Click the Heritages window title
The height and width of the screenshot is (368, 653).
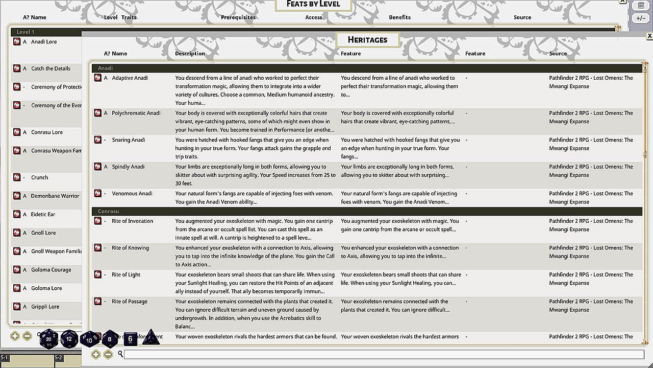click(367, 40)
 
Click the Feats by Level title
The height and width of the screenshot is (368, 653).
click(313, 4)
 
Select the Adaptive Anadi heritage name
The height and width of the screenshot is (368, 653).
click(130, 78)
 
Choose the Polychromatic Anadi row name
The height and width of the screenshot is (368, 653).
click(136, 113)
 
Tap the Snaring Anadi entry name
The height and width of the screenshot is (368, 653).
click(129, 140)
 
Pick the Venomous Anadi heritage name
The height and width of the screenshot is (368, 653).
click(132, 194)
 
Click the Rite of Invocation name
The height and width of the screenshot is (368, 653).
click(132, 221)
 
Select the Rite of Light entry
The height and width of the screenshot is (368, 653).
click(126, 275)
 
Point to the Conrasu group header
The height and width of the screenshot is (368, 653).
click(108, 212)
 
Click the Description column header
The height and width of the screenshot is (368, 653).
click(190, 54)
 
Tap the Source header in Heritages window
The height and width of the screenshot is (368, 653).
click(558, 54)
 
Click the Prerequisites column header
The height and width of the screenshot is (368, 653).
click(238, 17)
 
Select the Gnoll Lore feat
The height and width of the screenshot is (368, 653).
click(43, 233)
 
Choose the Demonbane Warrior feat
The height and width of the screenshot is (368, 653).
click(55, 196)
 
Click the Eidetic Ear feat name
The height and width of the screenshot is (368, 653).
click(43, 215)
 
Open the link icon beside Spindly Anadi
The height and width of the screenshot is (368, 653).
click(97, 167)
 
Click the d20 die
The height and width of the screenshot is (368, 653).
click(49, 338)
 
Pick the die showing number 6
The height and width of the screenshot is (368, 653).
click(130, 338)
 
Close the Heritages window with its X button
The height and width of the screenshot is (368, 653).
click(649, 36)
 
